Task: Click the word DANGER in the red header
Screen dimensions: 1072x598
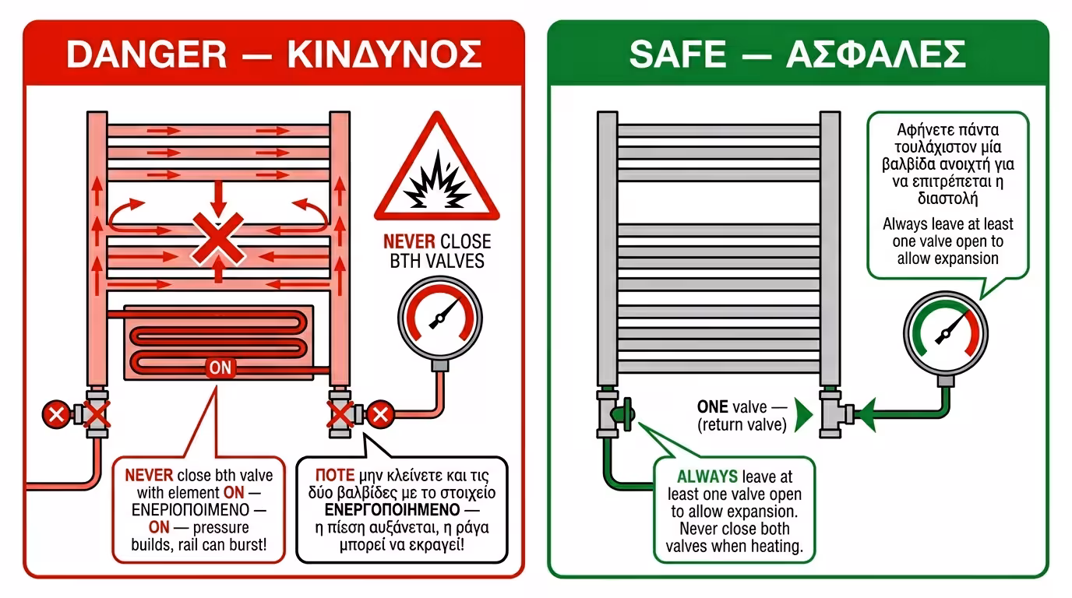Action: tap(146, 54)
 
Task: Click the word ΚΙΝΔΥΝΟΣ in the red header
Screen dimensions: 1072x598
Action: tap(384, 54)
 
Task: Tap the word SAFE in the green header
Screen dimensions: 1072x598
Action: tap(678, 54)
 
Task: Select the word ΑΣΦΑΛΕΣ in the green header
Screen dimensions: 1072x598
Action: tap(876, 54)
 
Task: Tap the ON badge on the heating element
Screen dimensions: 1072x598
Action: tap(220, 368)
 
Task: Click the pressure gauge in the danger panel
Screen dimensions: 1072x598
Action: tap(440, 318)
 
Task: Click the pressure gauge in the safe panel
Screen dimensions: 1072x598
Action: tap(945, 333)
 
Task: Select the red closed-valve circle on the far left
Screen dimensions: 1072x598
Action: tap(56, 414)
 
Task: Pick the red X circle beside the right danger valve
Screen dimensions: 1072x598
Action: tap(380, 414)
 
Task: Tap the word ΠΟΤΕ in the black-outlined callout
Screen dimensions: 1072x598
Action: tap(334, 475)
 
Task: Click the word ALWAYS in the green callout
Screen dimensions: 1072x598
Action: tap(707, 477)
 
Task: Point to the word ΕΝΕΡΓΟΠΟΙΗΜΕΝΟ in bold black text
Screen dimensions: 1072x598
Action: tap(392, 510)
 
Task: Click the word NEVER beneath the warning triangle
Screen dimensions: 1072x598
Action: tap(409, 241)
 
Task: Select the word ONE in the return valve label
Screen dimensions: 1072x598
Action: tap(712, 406)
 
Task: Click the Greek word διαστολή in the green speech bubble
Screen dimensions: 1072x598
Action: tap(947, 198)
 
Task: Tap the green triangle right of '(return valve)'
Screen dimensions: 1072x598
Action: tap(803, 415)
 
